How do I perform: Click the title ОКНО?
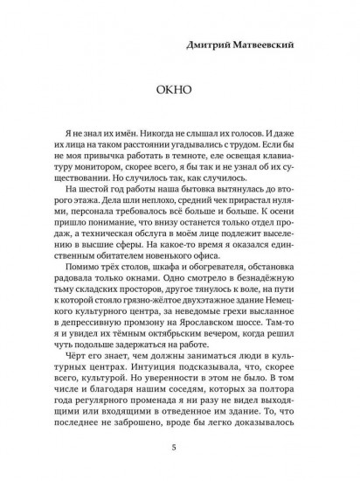click(179, 91)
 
